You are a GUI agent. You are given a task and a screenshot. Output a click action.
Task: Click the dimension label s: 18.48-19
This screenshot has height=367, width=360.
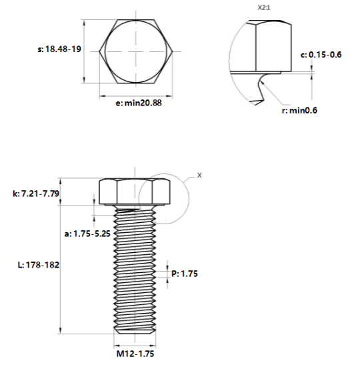(59, 49)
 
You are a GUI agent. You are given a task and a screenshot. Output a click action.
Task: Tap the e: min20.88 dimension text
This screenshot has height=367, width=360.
(139, 103)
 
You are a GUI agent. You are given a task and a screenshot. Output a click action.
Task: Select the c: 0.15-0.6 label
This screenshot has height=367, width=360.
(321, 55)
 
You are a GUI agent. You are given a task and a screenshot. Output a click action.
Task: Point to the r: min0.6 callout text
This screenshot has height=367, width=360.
(299, 110)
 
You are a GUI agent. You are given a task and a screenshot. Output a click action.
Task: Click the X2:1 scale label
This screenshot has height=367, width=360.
(264, 8)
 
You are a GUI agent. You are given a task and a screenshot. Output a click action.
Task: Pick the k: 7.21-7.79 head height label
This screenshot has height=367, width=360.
(36, 194)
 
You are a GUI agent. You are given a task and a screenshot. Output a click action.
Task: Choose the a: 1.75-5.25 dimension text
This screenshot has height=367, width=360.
(87, 234)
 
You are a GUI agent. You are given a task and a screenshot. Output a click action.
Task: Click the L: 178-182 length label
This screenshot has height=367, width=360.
(39, 265)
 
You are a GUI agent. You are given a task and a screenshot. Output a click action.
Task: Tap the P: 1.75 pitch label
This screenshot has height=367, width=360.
(185, 274)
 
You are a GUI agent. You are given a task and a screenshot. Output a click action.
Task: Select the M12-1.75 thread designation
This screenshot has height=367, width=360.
(135, 354)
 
